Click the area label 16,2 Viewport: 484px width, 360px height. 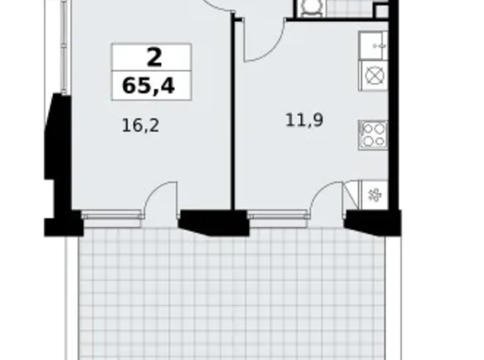point(140,126)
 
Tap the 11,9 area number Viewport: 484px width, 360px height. point(304,120)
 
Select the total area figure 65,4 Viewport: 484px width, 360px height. point(149,86)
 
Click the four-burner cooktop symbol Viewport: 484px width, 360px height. point(374,134)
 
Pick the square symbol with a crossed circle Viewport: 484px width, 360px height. point(374,76)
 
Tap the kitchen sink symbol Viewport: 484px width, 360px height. point(374,45)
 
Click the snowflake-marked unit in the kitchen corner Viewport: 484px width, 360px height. point(374,195)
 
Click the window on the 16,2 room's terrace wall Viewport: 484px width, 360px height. point(112,215)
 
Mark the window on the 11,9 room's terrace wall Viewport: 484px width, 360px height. point(277,215)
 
